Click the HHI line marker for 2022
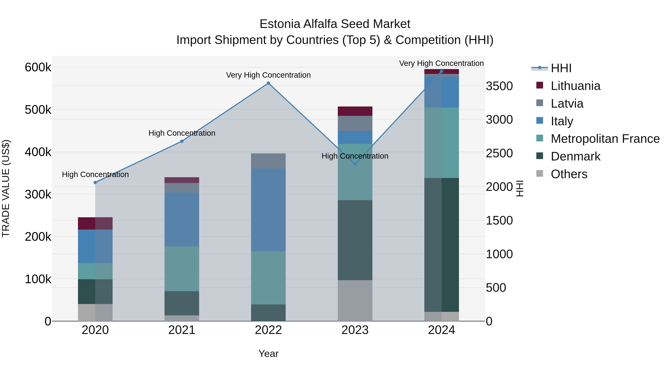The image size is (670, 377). click(x=268, y=83)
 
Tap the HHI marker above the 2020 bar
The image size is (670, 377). click(x=95, y=183)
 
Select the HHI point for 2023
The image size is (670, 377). click(x=355, y=164)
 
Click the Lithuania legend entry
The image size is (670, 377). click(x=575, y=86)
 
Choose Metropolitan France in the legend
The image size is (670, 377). click(x=605, y=139)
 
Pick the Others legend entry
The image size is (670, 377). click(x=569, y=174)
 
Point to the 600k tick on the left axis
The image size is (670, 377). click(x=38, y=67)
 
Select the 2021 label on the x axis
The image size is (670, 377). click(x=182, y=330)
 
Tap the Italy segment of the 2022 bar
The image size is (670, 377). click(x=268, y=210)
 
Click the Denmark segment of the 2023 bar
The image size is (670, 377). click(x=355, y=240)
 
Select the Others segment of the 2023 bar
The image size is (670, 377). click(x=355, y=300)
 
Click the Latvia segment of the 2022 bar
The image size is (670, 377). click(x=268, y=161)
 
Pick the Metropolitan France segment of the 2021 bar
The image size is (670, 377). click(x=182, y=268)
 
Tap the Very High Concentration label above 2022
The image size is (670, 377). click(x=268, y=75)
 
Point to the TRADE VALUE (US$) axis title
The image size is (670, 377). click(x=6, y=188)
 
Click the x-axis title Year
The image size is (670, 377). click(x=268, y=354)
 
